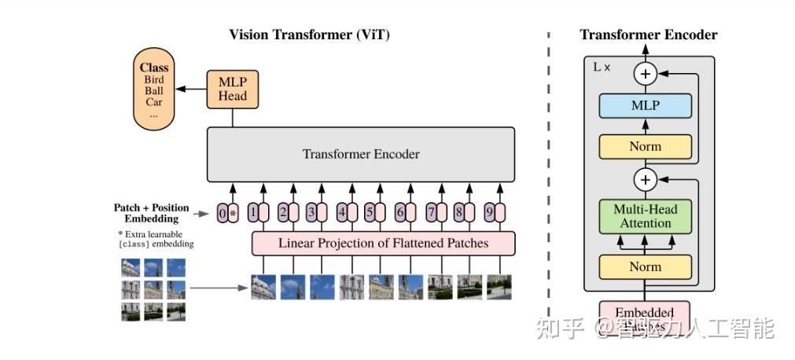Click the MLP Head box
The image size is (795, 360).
click(232, 89)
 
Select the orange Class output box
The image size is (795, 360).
click(154, 89)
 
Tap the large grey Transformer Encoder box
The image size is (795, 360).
click(361, 154)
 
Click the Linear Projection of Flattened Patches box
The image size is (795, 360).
click(383, 244)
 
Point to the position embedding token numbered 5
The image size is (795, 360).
click(369, 212)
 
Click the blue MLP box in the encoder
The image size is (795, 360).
click(645, 105)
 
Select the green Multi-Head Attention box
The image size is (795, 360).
click(645, 216)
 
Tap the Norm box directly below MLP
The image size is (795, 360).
click(645, 146)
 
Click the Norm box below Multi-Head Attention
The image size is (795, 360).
click(645, 266)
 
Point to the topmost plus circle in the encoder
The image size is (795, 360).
click(645, 74)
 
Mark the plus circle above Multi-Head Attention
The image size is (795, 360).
click(645, 179)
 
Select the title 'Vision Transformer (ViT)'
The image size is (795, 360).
click(309, 35)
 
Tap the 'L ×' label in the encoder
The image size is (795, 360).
click(602, 68)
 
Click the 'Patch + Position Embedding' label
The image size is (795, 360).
click(151, 213)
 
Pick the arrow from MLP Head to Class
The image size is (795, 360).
click(191, 90)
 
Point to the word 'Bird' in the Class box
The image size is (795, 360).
click(154, 79)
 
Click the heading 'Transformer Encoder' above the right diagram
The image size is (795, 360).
click(648, 35)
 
